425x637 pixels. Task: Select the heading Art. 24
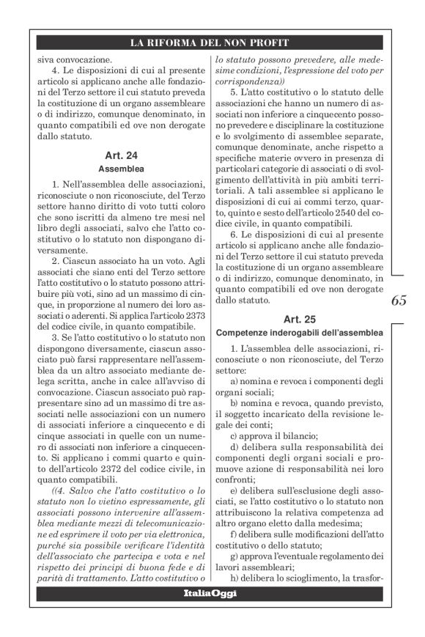(121, 155)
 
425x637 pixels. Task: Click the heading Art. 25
(298, 319)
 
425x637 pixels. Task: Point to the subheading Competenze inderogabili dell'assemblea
(298, 331)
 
